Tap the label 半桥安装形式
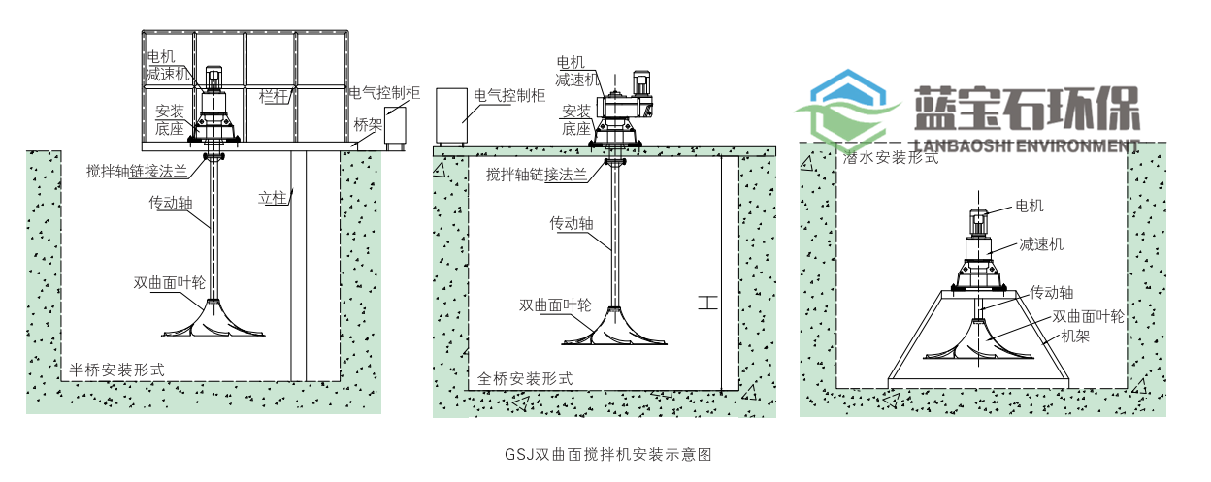[115, 370]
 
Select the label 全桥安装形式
[525, 378]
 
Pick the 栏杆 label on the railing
[275, 97]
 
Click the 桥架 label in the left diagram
[368, 125]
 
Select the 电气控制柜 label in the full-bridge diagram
[508, 96]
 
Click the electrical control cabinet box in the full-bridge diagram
[451, 116]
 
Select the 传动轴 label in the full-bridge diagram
[571, 223]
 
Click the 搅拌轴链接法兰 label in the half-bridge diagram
[145, 168]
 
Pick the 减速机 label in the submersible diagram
[1040, 244]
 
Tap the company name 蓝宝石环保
[1027, 110]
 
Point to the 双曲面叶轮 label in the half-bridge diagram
[169, 283]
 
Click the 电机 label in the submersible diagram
[1030, 206]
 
